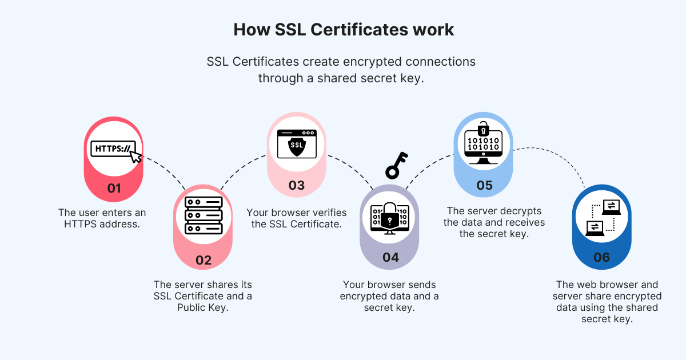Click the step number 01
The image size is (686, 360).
[x=114, y=188]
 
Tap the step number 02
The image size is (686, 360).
[x=204, y=261]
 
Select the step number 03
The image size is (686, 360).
[x=297, y=185]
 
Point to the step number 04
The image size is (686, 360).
[x=390, y=257]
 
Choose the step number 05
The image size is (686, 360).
[x=484, y=185]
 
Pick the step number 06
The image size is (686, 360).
[x=602, y=257]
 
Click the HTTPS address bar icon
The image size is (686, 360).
[x=113, y=149]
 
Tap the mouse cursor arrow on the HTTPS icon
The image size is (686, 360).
[x=135, y=155]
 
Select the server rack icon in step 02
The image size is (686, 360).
[x=203, y=215]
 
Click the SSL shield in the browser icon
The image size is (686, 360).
[x=297, y=146]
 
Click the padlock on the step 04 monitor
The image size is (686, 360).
[x=390, y=215]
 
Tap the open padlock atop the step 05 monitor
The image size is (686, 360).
[x=484, y=126]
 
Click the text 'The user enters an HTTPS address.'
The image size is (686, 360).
[x=102, y=218]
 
